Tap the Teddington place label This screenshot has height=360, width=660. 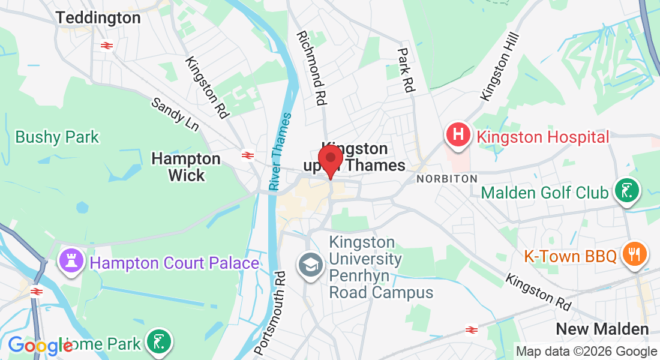pos(99,18)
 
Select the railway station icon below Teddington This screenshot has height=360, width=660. pos(107,46)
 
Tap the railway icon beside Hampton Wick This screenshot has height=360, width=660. pos(247,155)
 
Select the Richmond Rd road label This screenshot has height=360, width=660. pos(313,69)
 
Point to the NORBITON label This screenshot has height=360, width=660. pos(447,179)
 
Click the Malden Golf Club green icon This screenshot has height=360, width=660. pos(627,192)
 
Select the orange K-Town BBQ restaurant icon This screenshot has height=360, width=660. pos(635,254)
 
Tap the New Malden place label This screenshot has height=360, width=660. pos(602,329)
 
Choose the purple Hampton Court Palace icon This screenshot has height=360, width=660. pos(71,262)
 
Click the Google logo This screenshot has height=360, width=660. pos(40,346)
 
